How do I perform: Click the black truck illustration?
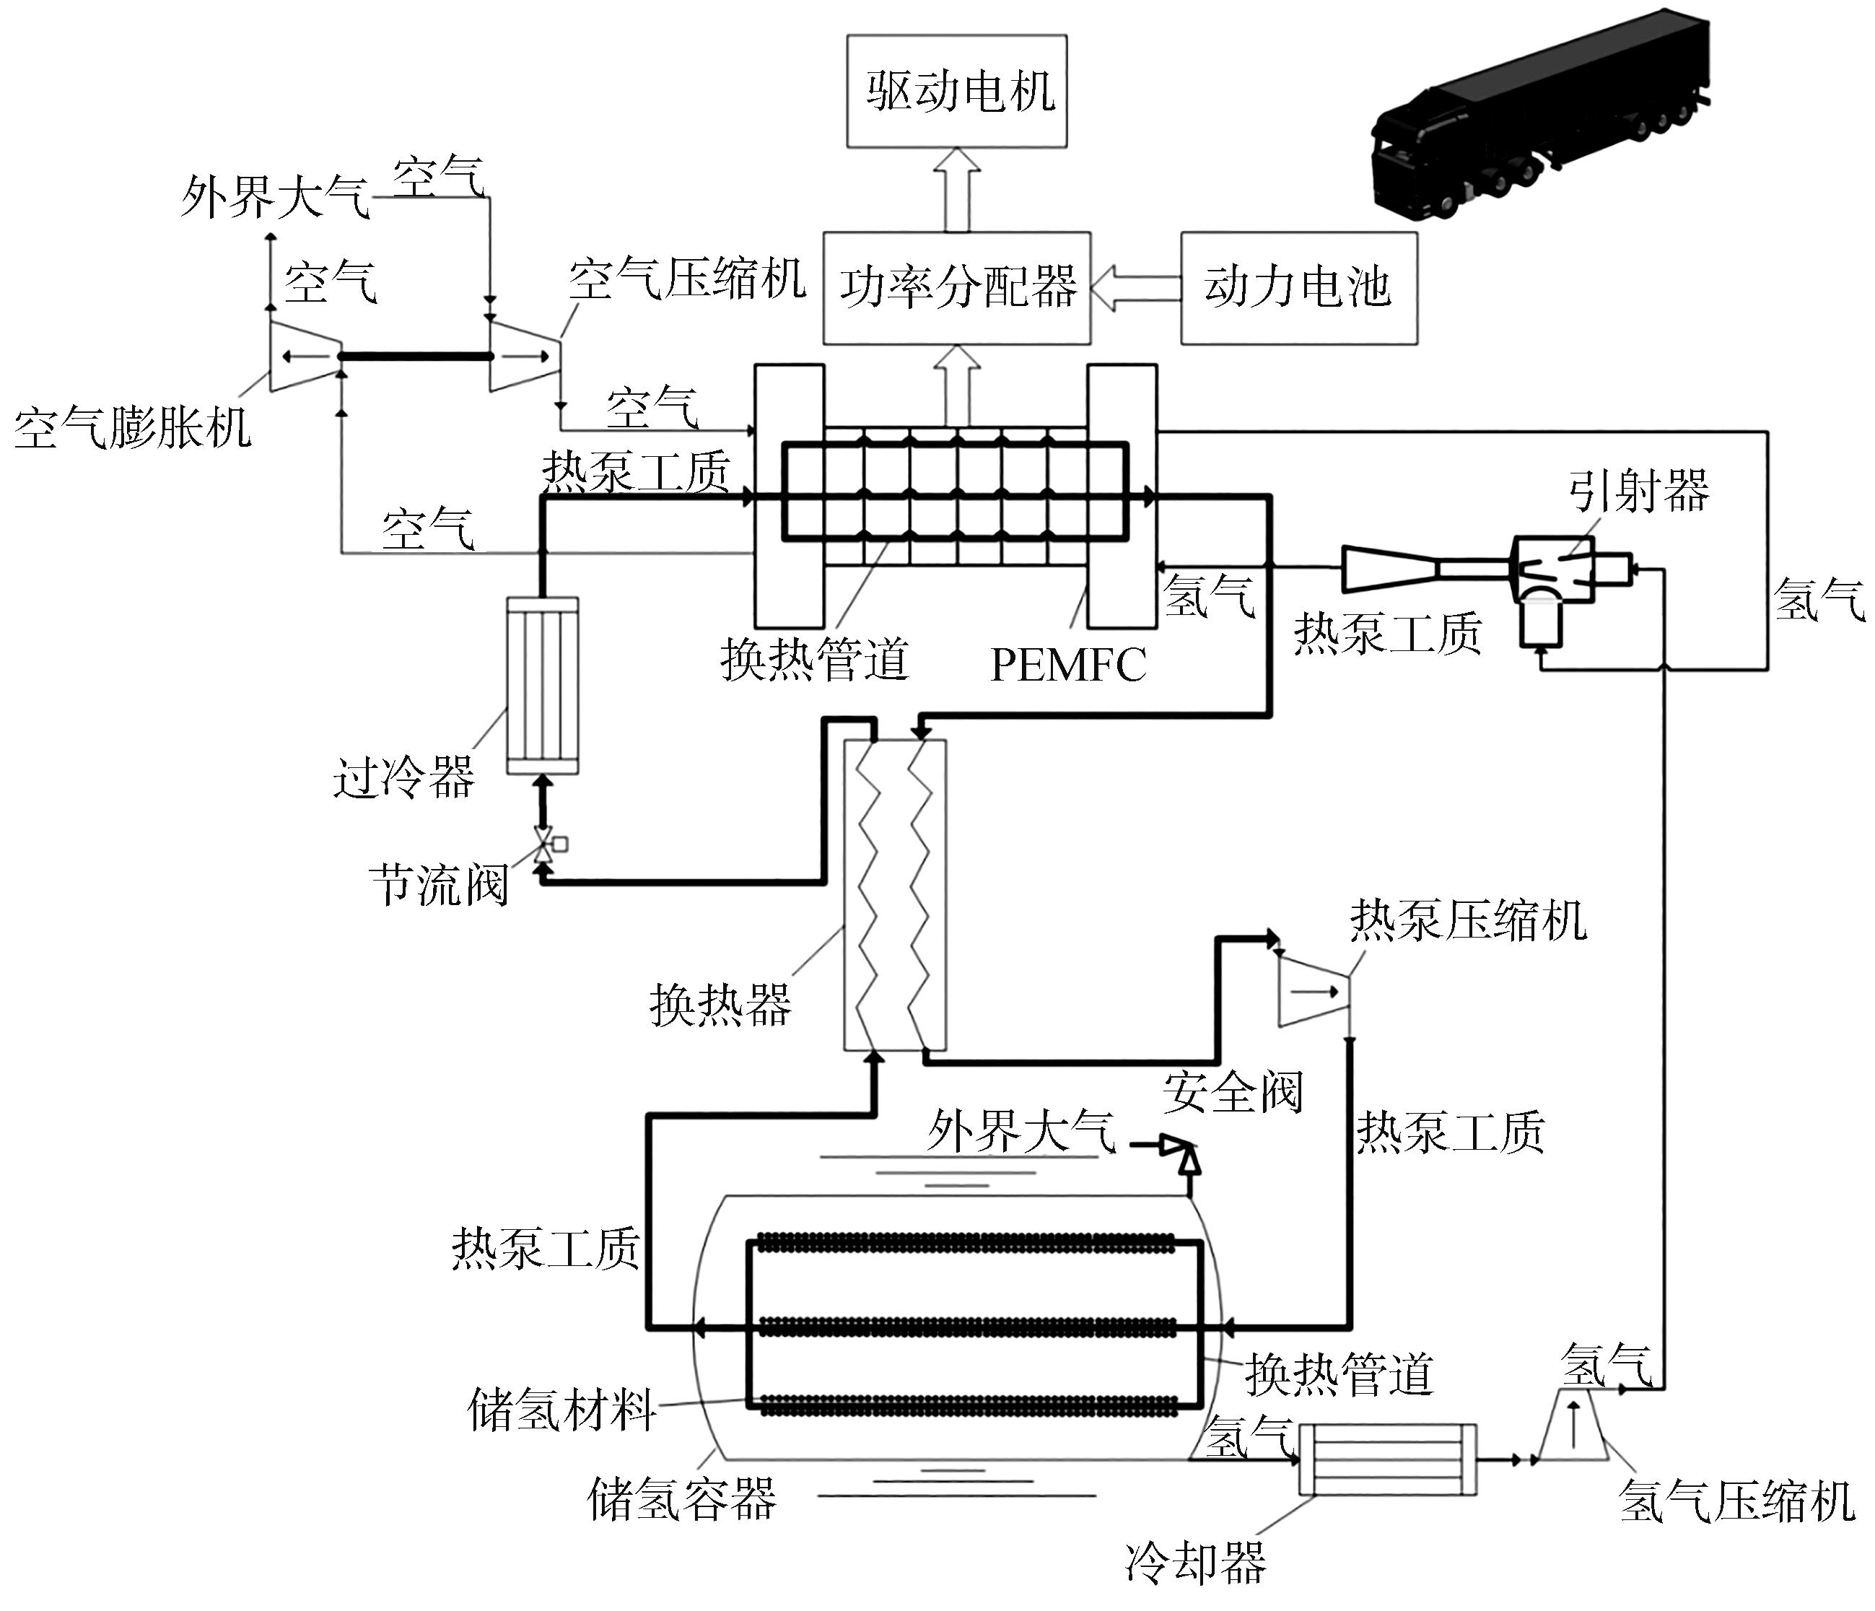click(1539, 118)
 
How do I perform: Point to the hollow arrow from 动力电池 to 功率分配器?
click(1136, 287)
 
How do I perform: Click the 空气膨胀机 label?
click(132, 427)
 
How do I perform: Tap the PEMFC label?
click(1068, 665)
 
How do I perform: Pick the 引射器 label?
click(1638, 492)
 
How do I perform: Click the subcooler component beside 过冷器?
click(542, 686)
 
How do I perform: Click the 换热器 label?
click(720, 1005)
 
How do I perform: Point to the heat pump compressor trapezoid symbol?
click(1312, 992)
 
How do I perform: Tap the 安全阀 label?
click(1233, 1092)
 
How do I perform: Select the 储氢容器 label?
click(681, 1500)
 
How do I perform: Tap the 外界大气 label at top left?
click(275, 196)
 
